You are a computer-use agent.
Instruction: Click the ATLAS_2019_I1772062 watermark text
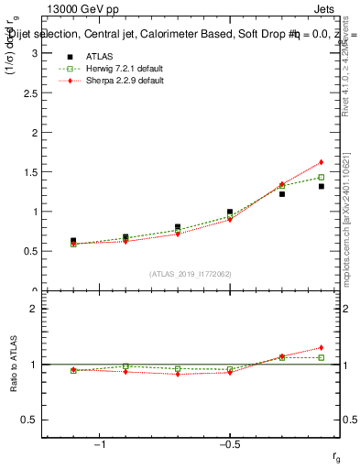pos(191,274)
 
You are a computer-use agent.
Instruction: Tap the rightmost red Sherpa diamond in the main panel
pos(322,162)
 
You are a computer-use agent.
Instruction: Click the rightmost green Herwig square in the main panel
pos(322,177)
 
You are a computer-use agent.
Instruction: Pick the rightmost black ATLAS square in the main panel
pos(322,186)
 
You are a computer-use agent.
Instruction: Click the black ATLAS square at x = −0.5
pos(230,212)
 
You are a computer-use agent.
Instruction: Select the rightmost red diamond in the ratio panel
pos(322,347)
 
